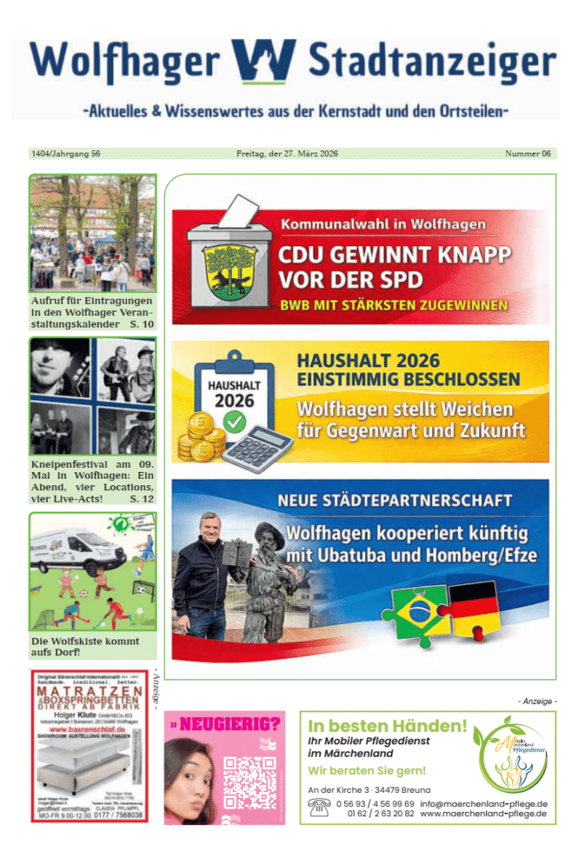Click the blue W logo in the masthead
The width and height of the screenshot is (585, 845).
click(263, 62)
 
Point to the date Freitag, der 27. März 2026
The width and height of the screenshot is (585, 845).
click(286, 153)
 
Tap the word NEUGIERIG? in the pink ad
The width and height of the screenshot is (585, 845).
click(229, 725)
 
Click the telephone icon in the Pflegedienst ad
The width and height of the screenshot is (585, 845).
click(318, 809)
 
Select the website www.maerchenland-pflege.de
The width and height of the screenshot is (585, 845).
click(484, 814)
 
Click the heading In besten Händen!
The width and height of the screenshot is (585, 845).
click(387, 727)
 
